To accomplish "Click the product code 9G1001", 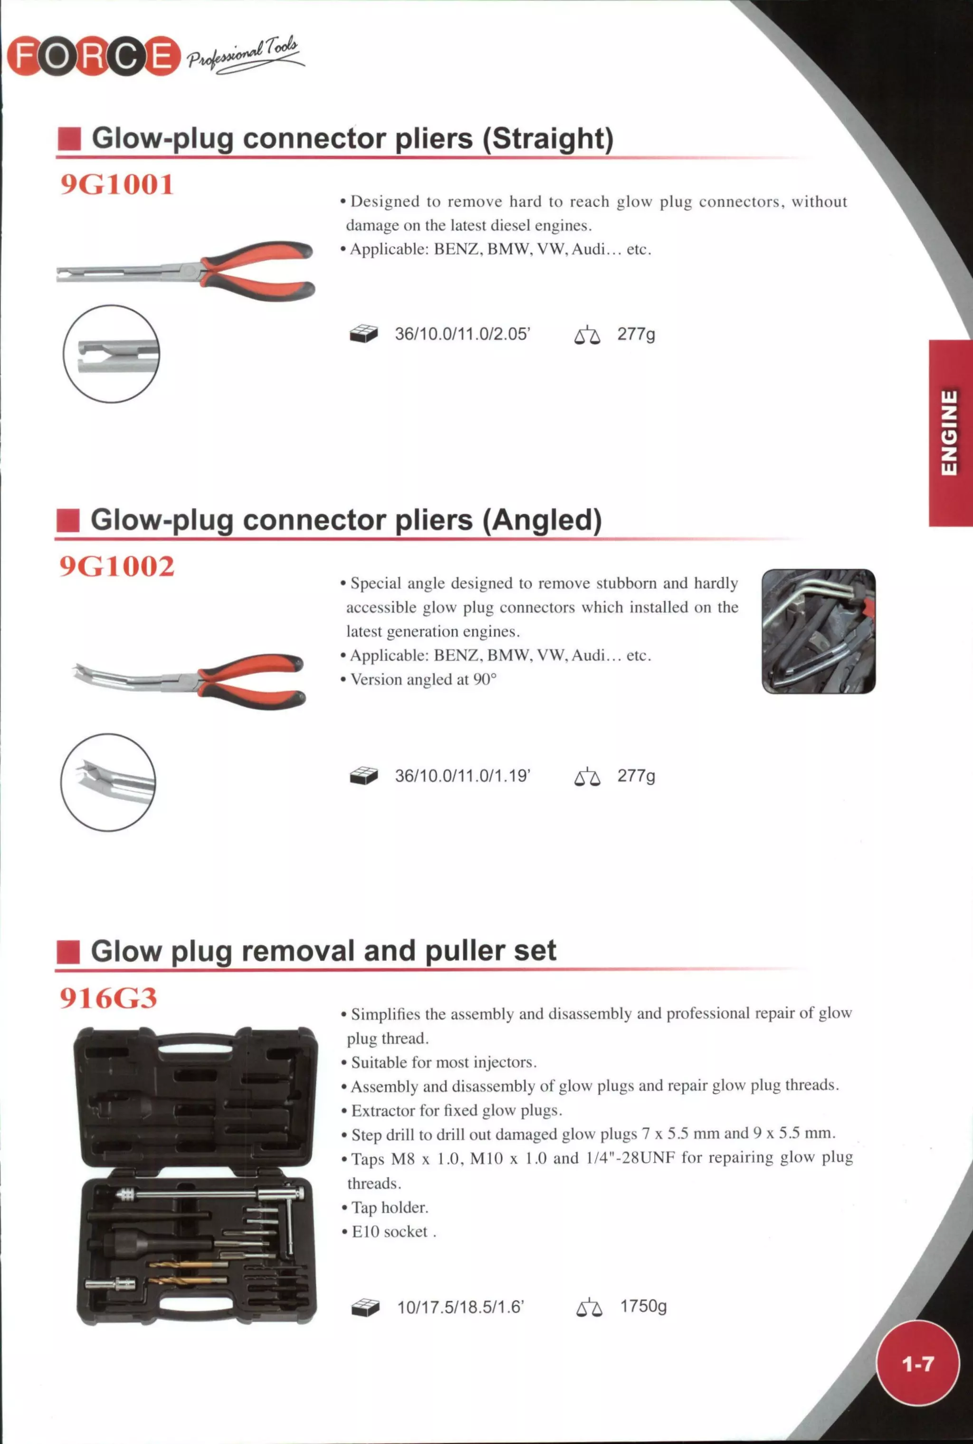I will pyautogui.click(x=117, y=185).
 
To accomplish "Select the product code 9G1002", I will pyautogui.click(x=117, y=566).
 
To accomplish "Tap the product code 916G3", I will pyautogui.click(x=109, y=998).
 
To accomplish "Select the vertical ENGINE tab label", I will pyautogui.click(x=949, y=433).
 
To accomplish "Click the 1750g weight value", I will pyautogui.click(x=643, y=1306).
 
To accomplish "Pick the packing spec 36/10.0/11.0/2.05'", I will pyautogui.click(x=462, y=334).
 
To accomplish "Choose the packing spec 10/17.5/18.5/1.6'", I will pyautogui.click(x=460, y=1308).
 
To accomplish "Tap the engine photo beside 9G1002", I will pyautogui.click(x=818, y=631).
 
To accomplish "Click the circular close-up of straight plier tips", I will pyautogui.click(x=111, y=353).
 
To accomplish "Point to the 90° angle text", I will pyautogui.click(x=485, y=679).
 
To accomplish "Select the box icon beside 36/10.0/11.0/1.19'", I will pyautogui.click(x=363, y=776).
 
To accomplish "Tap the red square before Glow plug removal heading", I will pyautogui.click(x=68, y=952).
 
